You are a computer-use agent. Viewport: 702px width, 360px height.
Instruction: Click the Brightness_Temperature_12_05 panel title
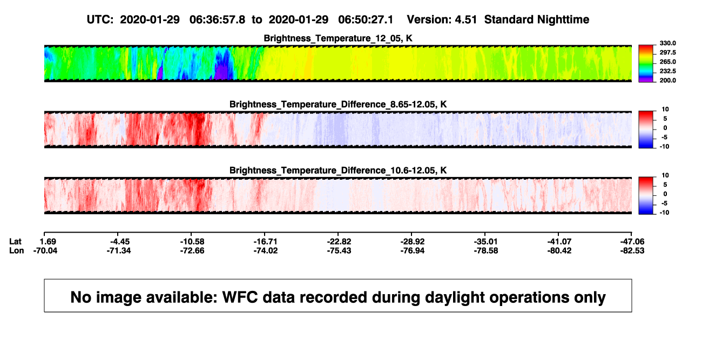(x=338, y=38)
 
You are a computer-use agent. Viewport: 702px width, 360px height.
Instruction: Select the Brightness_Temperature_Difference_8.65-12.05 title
(x=338, y=104)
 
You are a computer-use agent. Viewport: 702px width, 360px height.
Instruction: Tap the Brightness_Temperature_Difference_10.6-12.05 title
(x=338, y=171)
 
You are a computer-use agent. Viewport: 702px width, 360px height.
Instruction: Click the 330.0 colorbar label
(x=667, y=43)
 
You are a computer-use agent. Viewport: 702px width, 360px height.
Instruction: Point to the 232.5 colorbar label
(x=667, y=71)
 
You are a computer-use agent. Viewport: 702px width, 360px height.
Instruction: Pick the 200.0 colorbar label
(x=667, y=80)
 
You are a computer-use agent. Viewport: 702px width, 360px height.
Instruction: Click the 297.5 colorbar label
(x=667, y=53)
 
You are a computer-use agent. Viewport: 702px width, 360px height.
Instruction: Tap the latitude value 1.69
(x=48, y=242)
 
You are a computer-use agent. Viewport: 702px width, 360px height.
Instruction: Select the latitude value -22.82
(x=339, y=242)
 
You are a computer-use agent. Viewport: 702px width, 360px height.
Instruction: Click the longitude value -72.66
(x=192, y=250)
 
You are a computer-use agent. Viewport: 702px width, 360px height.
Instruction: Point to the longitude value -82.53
(x=632, y=250)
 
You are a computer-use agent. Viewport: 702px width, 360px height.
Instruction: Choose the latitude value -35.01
(x=486, y=242)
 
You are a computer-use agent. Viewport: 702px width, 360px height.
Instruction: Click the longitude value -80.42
(x=559, y=250)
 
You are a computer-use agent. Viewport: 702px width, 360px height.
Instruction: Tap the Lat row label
(x=15, y=242)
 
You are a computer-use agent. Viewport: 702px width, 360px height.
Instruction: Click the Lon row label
(x=16, y=250)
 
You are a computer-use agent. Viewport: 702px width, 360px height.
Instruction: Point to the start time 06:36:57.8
(x=217, y=19)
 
